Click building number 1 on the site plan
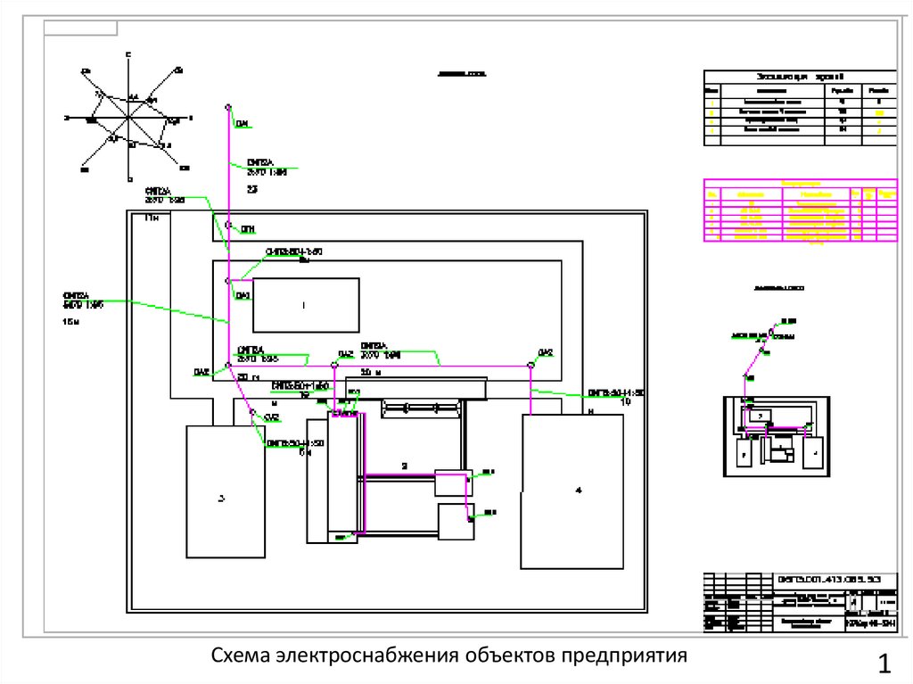(305, 305)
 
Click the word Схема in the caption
(241, 656)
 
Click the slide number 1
(884, 663)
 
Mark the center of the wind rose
(128, 117)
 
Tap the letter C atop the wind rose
(128, 55)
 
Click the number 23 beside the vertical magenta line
(251, 189)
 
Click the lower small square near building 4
(456, 521)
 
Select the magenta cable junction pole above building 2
(334, 365)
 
